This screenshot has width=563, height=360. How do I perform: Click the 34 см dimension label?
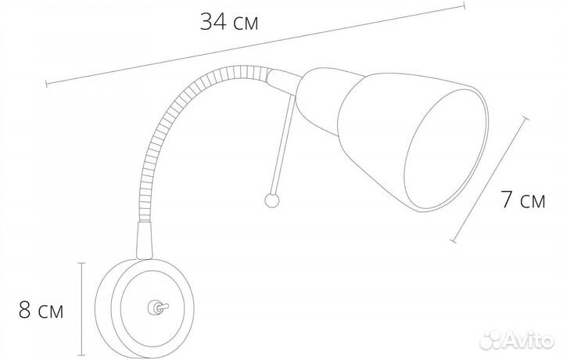pyautogui.click(x=229, y=22)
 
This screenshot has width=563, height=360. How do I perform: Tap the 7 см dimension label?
pyautogui.click(x=523, y=200)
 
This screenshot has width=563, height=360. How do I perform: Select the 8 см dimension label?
pyautogui.click(x=41, y=311)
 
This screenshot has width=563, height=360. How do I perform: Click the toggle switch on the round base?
pyautogui.click(x=158, y=308)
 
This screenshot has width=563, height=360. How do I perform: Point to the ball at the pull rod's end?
pyautogui.click(x=272, y=200)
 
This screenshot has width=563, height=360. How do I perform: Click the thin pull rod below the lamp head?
pyautogui.click(x=284, y=145)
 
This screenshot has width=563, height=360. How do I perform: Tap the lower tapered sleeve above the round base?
pyautogui.click(x=145, y=240)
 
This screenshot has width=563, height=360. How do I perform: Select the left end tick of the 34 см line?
pyautogui.click(x=46, y=84)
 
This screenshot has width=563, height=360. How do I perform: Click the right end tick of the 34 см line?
pyautogui.click(x=464, y=6)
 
